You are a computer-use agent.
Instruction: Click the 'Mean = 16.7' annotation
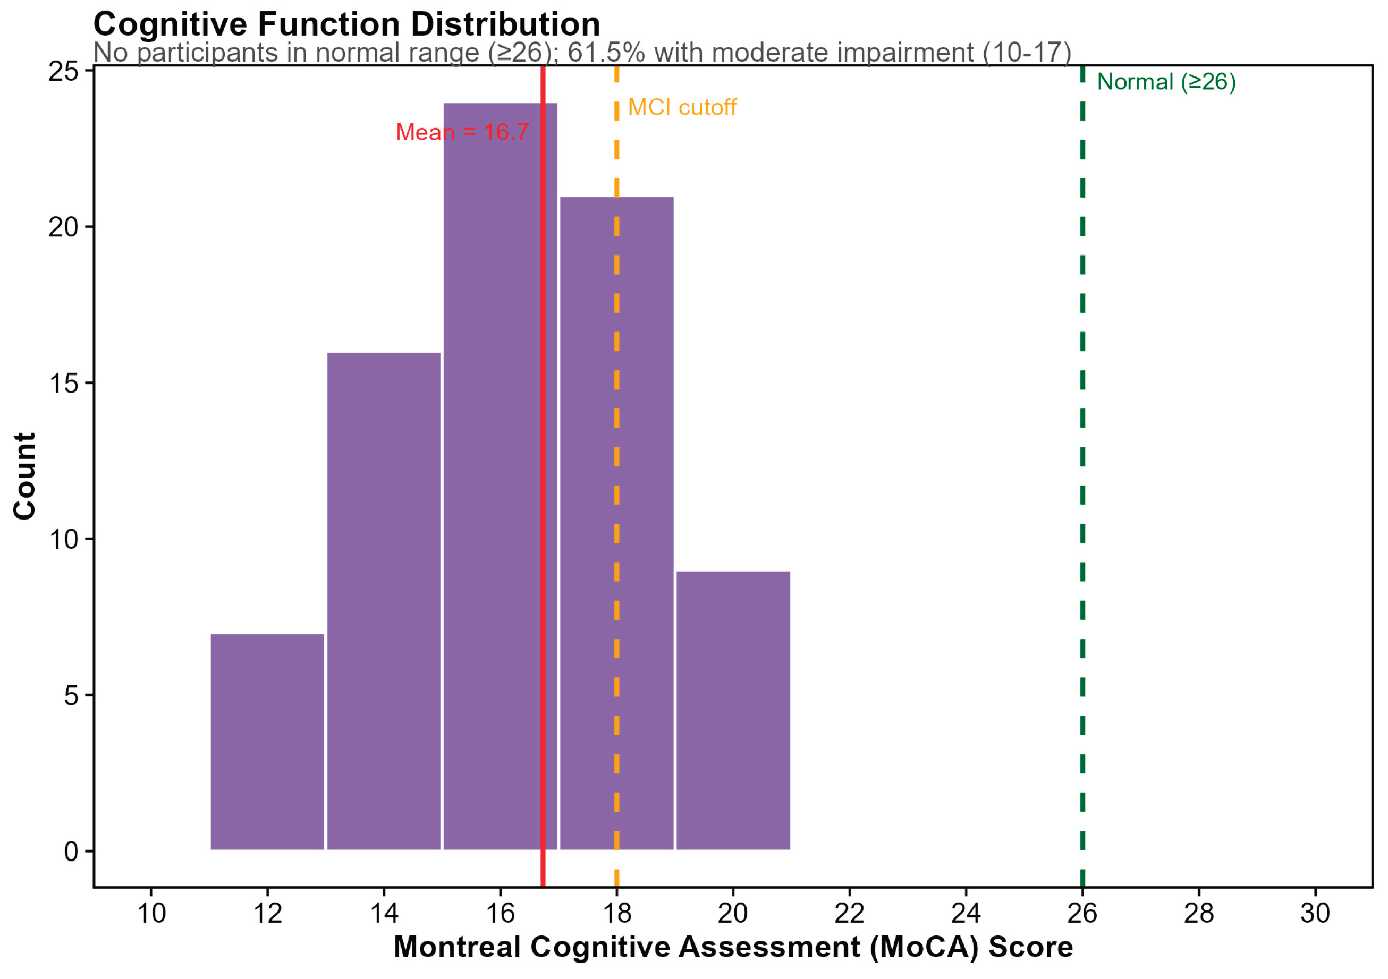pyautogui.click(x=462, y=132)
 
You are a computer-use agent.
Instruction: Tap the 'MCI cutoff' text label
pyautogui.click(x=682, y=108)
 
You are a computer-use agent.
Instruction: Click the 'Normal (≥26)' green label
pyautogui.click(x=1166, y=82)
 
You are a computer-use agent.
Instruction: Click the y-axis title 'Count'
pyautogui.click(x=25, y=476)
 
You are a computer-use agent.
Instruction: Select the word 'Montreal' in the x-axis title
pyautogui.click(x=457, y=947)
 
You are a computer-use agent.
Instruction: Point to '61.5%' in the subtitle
pyautogui.click(x=606, y=53)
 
